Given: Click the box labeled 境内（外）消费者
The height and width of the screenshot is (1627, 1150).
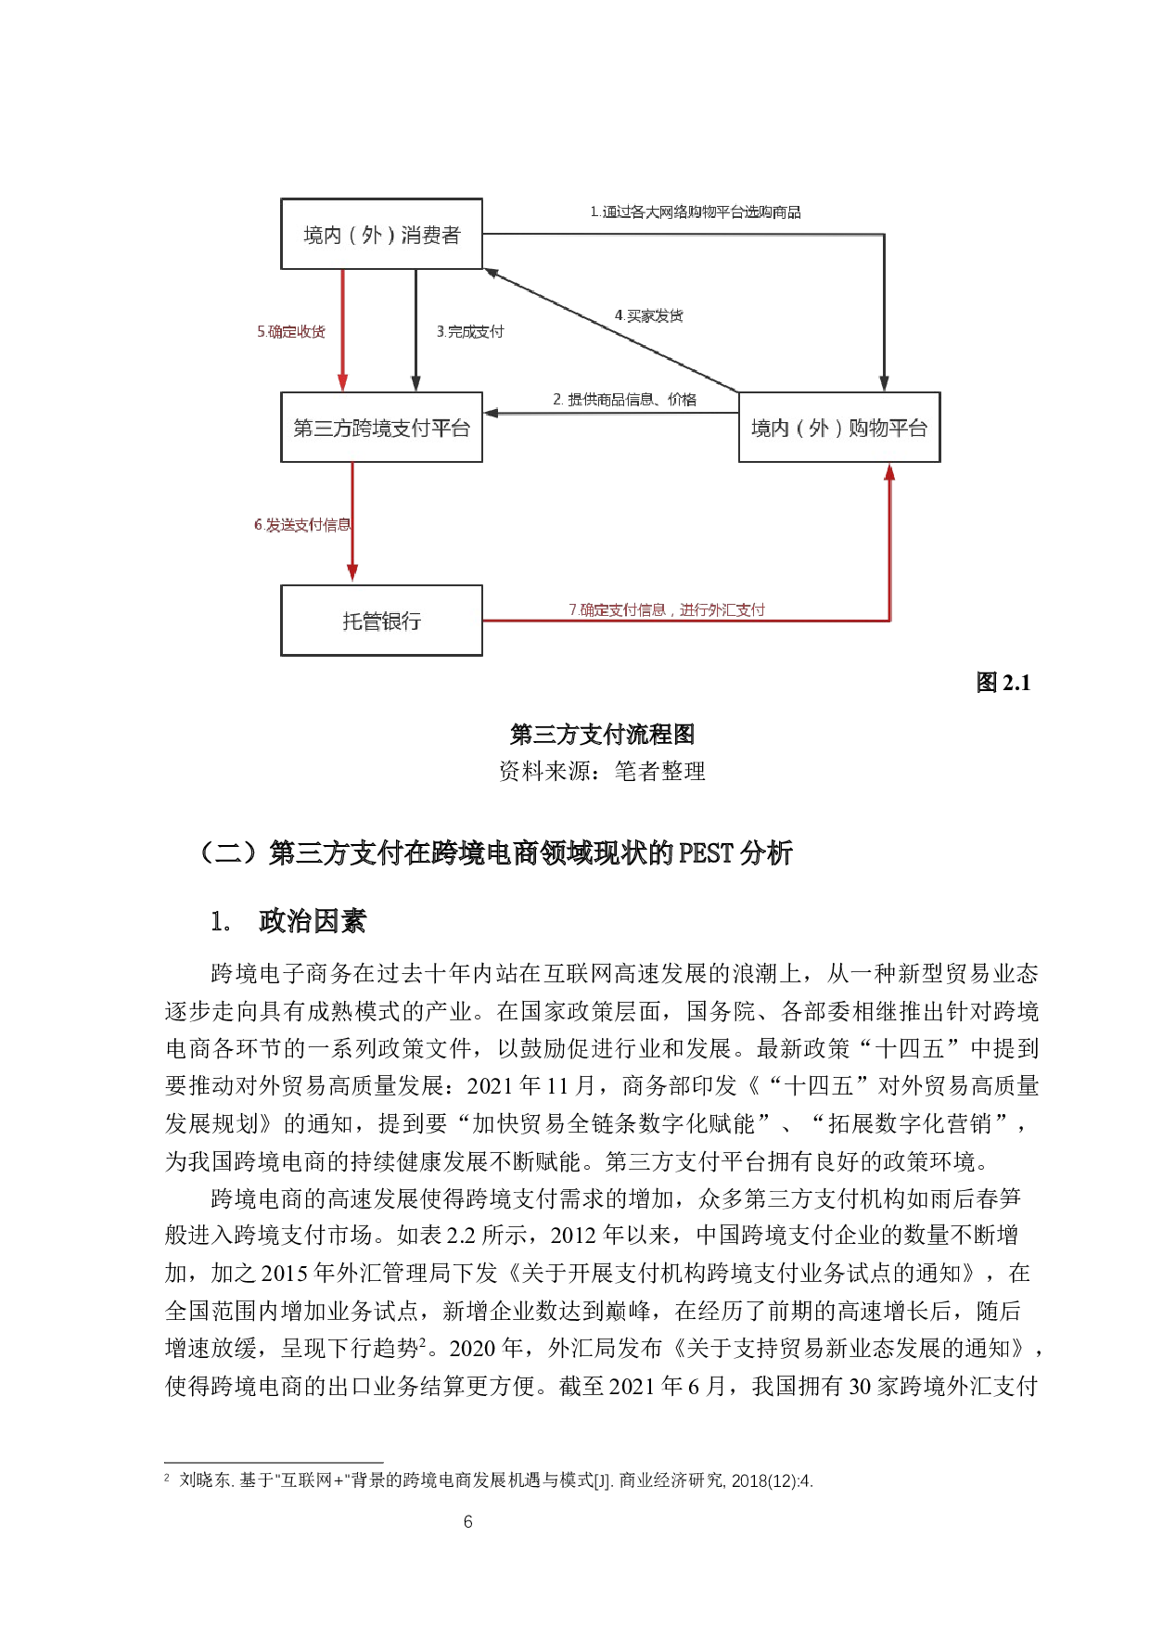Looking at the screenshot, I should point(381,234).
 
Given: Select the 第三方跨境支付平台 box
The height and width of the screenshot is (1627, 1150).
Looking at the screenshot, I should point(381,428).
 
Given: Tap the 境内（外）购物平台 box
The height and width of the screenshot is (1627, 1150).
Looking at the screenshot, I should point(838,428).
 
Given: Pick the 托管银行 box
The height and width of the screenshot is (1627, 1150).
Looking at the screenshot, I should point(381,621).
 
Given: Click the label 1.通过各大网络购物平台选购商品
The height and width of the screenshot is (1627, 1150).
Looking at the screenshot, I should point(696,212).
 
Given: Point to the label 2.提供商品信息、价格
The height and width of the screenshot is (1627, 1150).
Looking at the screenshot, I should point(624,400).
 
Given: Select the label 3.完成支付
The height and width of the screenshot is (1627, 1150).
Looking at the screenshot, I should point(470,331).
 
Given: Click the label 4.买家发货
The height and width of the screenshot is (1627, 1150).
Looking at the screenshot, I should point(649,315).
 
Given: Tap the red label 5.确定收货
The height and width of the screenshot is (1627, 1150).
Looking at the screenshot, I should point(291,331).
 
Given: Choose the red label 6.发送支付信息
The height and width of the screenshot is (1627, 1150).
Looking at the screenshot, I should point(302,525).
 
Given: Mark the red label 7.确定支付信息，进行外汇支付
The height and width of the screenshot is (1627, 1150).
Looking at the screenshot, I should point(667,609).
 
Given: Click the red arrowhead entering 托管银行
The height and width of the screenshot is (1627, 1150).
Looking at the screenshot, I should point(352,573).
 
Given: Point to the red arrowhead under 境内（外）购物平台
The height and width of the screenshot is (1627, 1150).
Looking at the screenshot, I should point(889,472).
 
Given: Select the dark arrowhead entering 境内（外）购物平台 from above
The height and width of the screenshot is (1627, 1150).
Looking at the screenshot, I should point(884,383).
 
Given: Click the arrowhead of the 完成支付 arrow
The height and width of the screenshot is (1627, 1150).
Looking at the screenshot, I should point(415,383).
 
